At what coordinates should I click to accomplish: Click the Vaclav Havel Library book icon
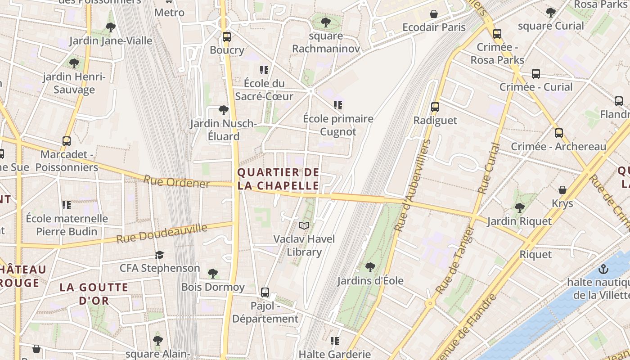[x=305, y=225]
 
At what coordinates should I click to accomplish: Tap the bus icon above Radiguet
[x=435, y=107]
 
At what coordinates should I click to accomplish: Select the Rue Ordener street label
[x=176, y=182]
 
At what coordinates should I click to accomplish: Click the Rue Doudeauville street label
[x=162, y=233]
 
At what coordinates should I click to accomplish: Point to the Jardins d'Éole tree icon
[x=370, y=267]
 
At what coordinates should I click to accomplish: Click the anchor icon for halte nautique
[x=603, y=270]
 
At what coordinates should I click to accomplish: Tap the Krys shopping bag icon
[x=562, y=190]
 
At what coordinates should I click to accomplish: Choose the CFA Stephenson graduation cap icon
[x=159, y=255]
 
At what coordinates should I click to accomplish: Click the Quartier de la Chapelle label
[x=278, y=179]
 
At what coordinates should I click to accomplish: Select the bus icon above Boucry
[x=227, y=36]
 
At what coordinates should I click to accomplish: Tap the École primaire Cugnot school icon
[x=338, y=105]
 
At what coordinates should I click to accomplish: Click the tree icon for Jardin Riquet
[x=520, y=207]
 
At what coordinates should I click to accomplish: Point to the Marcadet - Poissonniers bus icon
[x=67, y=141]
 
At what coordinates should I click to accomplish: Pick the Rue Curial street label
[x=489, y=169]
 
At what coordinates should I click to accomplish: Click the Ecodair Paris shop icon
[x=434, y=14]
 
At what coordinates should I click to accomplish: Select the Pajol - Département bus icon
[x=265, y=292]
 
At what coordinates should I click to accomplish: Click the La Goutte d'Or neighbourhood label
[x=94, y=293]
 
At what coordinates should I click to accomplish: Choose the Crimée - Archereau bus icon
[x=558, y=133]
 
